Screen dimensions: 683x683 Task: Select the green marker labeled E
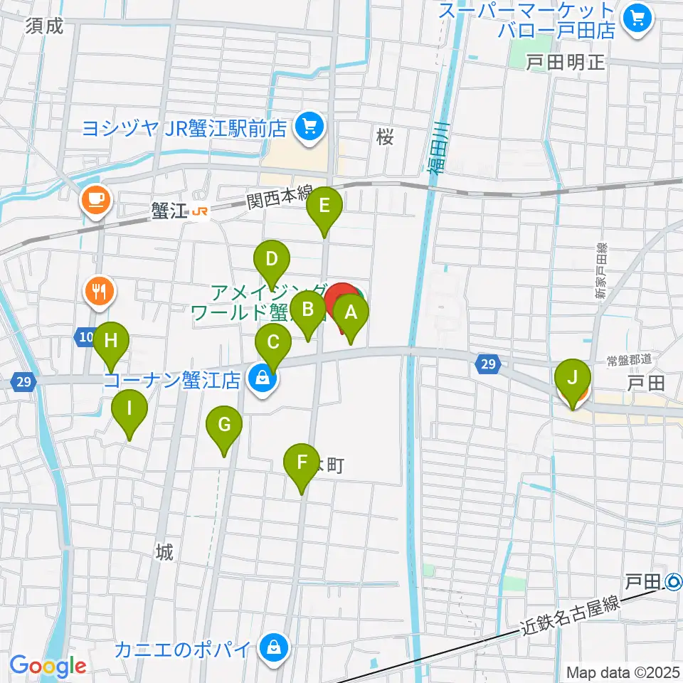coord(324,208)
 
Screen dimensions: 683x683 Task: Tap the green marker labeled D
coord(271,260)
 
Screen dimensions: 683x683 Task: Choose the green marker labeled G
coord(224,426)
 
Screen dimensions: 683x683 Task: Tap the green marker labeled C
coord(273,344)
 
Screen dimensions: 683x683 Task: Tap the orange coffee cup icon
coord(94,198)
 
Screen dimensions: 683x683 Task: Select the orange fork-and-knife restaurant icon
coord(100,290)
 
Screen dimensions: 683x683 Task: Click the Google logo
coord(48,666)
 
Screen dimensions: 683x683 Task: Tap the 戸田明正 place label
coord(565,63)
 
